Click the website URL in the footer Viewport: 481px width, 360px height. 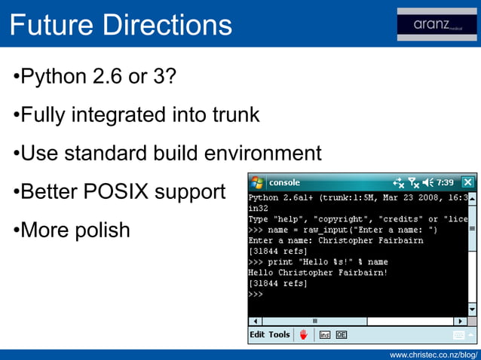(x=434, y=354)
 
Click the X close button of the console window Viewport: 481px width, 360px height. (x=467, y=182)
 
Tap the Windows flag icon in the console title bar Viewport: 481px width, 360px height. (x=258, y=182)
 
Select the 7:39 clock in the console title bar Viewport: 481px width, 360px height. (x=446, y=182)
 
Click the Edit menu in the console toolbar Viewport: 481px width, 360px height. (x=257, y=334)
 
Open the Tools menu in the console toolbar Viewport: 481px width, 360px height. (x=279, y=334)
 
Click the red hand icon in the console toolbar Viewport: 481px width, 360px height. (x=303, y=334)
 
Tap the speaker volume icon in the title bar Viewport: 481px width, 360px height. (x=427, y=182)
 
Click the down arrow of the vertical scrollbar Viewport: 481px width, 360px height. (x=472, y=310)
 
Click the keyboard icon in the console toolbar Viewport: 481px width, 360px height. (x=458, y=335)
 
